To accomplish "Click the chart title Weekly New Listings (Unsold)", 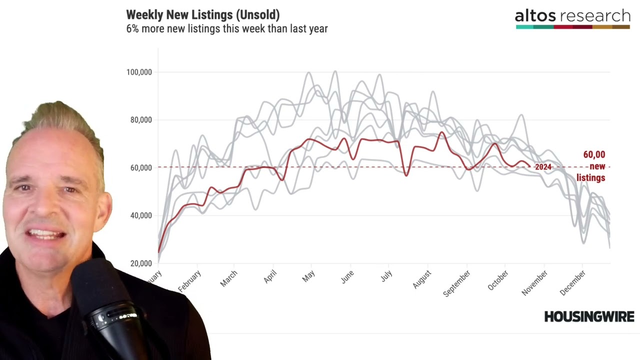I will (x=202, y=15).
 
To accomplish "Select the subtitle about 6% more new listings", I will (x=226, y=29).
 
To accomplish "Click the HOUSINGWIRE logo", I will (x=589, y=316).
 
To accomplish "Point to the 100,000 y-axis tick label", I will (x=138, y=72).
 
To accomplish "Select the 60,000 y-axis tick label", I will (x=140, y=168).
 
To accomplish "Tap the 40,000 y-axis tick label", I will (x=140, y=215).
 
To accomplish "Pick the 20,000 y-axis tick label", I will (x=140, y=263).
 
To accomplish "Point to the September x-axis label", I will (x=456, y=283).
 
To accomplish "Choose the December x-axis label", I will (x=572, y=283).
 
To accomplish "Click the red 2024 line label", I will (x=542, y=167).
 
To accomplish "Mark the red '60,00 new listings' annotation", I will (x=591, y=166).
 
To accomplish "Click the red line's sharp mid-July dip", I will (x=406, y=175).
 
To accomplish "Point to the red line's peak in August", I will (x=441, y=132).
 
